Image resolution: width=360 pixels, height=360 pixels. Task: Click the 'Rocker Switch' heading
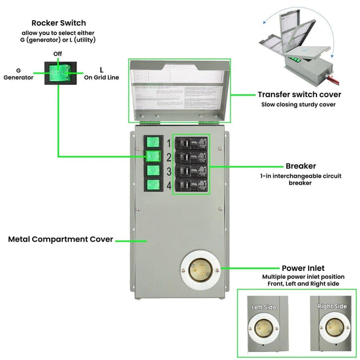pyautogui.click(x=59, y=23)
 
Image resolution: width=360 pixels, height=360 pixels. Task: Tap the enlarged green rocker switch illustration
pyautogui.click(x=59, y=74)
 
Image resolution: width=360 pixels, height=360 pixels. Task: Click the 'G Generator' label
pyautogui.click(x=18, y=74)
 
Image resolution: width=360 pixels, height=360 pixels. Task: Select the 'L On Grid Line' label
pyautogui.click(x=102, y=74)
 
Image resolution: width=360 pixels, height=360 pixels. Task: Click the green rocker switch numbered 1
pyautogui.click(x=152, y=142)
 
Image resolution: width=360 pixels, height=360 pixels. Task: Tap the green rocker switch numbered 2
pyautogui.click(x=152, y=156)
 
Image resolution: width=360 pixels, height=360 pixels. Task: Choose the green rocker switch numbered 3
pyautogui.click(x=152, y=170)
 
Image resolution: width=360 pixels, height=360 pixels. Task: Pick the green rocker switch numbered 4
pyautogui.click(x=152, y=185)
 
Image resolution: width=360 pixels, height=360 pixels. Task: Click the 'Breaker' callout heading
pyautogui.click(x=301, y=166)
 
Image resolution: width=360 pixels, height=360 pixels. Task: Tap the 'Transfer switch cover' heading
pyautogui.click(x=299, y=94)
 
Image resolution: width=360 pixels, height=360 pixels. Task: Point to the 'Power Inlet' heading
pyautogui.click(x=303, y=268)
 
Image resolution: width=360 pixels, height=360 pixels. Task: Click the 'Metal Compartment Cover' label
pyautogui.click(x=61, y=239)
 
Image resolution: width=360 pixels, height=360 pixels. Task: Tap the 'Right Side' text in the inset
pyautogui.click(x=332, y=307)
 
